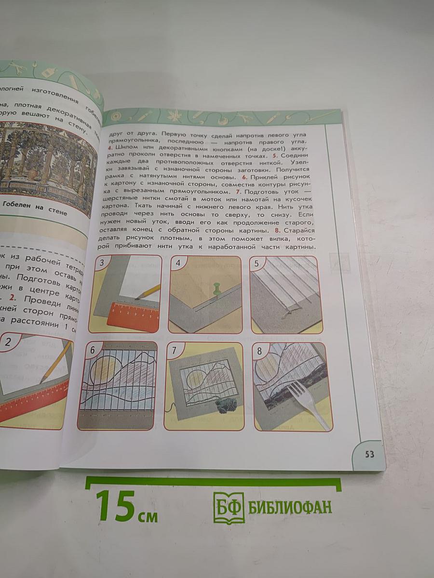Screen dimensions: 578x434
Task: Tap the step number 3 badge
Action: [101, 263]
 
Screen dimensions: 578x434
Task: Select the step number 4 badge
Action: [178, 263]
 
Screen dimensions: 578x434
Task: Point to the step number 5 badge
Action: [257, 263]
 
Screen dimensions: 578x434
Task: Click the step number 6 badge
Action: [92, 350]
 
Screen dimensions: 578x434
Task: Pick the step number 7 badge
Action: [174, 351]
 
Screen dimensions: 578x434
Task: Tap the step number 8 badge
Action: [259, 351]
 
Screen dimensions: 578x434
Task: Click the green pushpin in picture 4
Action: [217, 289]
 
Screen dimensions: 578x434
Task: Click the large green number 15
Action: [115, 506]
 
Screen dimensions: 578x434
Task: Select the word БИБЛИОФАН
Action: [290, 507]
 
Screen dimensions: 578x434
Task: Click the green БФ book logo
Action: [229, 508]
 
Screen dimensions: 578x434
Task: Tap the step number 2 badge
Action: [8, 343]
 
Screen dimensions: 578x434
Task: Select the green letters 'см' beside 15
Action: [148, 516]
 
